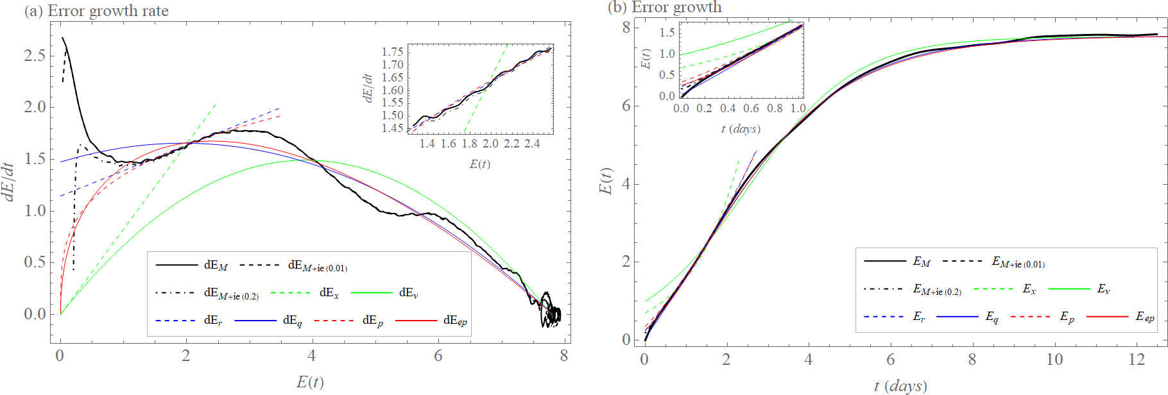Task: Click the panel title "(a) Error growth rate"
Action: coord(96,11)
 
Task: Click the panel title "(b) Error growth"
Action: coord(664,7)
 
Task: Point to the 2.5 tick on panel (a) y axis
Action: coord(35,56)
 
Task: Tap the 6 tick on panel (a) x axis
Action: coord(438,356)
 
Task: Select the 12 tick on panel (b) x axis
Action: coord(1137,360)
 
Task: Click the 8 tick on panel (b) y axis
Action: coord(626,28)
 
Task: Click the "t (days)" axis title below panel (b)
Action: coord(900,386)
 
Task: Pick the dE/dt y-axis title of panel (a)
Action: coord(9,181)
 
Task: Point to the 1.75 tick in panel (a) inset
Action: coord(393,52)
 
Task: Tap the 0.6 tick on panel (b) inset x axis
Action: coord(751,108)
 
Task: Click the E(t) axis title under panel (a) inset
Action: coord(480,164)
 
